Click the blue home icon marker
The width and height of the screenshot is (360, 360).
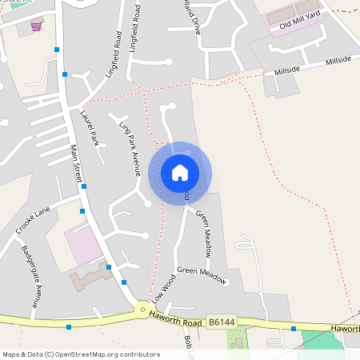coord(180,173)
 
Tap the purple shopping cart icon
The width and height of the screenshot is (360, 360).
coord(36,26)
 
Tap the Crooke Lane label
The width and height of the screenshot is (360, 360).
coord(32,220)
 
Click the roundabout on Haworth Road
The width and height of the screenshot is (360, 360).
coord(142,309)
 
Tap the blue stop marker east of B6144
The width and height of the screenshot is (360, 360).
coord(294,328)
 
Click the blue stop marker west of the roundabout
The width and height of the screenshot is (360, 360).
coord(69,326)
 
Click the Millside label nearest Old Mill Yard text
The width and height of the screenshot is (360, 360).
coord(286,70)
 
